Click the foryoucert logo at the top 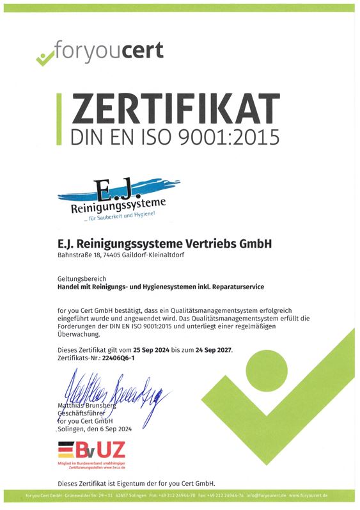click(98, 52)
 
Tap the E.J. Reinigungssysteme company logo click(113, 199)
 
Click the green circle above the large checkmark click(267, 371)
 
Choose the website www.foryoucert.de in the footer click(308, 496)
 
